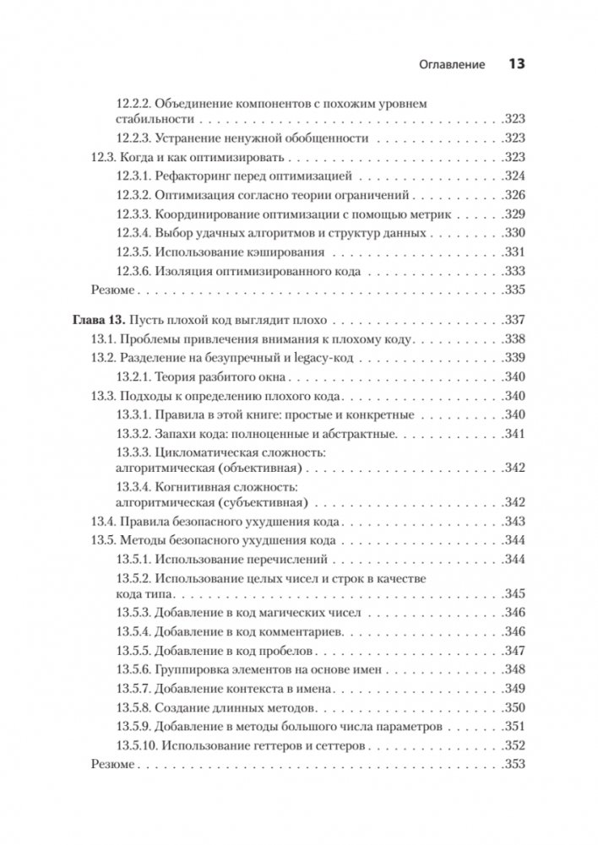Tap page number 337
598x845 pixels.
(514, 320)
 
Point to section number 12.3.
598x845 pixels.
(102, 158)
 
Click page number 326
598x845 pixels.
(514, 195)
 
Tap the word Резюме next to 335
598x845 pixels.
(111, 290)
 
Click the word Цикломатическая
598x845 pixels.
(203, 453)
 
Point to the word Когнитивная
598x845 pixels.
(191, 489)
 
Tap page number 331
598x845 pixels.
(514, 252)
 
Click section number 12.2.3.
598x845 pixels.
(132, 138)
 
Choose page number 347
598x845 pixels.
(514, 652)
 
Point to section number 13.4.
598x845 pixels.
(102, 522)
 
